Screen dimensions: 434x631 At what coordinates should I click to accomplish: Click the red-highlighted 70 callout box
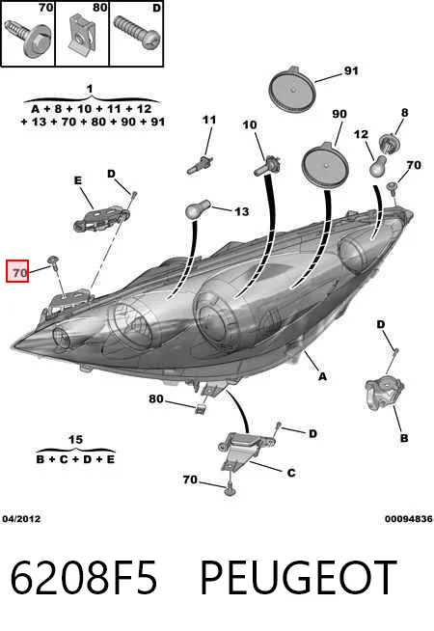click(x=17, y=271)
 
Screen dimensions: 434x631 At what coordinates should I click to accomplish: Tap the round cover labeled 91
click(x=292, y=89)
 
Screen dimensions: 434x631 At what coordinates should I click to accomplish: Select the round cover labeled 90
click(x=325, y=165)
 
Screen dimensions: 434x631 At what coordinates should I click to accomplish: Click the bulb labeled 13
click(x=197, y=209)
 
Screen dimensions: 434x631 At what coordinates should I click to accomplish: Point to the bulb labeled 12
click(x=378, y=165)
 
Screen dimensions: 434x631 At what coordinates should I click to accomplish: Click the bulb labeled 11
click(x=200, y=165)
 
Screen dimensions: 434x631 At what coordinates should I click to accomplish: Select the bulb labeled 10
click(x=267, y=166)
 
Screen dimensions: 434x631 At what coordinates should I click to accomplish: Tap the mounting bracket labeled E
click(x=102, y=218)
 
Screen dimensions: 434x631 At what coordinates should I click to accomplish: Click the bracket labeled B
click(x=384, y=393)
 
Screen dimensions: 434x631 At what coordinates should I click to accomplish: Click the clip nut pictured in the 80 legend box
click(x=82, y=34)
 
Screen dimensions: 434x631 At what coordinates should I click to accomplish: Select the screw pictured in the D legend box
click(x=136, y=33)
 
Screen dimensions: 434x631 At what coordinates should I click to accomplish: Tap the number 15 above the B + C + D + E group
click(x=75, y=439)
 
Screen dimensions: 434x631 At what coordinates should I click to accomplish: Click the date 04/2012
click(x=21, y=519)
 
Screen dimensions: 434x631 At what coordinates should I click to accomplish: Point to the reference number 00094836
click(x=409, y=519)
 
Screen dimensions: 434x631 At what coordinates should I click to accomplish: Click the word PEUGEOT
click(x=298, y=578)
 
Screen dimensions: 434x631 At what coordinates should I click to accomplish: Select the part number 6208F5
click(x=83, y=578)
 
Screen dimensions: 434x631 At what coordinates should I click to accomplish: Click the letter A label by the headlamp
click(x=322, y=376)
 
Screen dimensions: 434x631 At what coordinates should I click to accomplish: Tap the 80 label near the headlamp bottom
click(x=156, y=398)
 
